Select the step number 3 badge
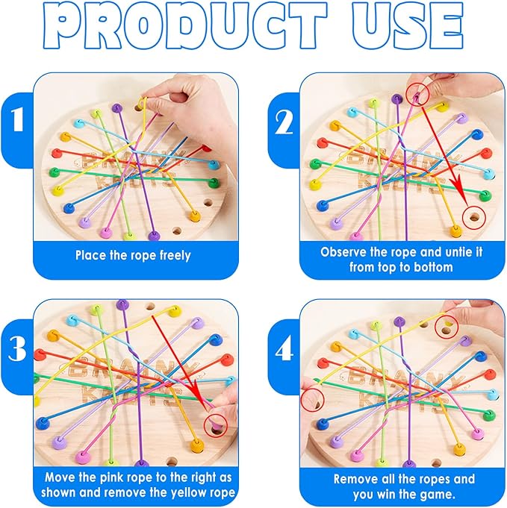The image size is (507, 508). (16, 351)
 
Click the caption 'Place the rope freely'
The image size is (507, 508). (133, 255)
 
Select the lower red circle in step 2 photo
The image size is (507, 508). (471, 219)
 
